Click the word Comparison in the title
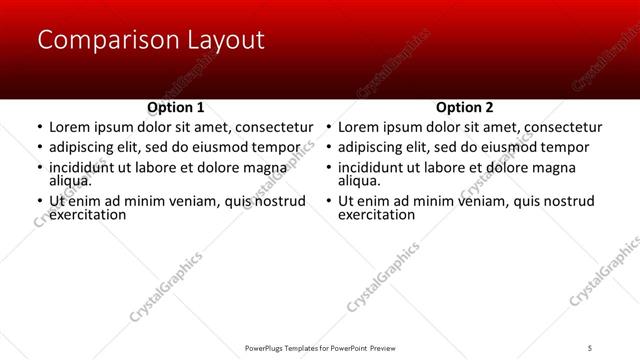click(102, 40)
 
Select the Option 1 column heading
click(175, 107)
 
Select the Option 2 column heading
click(464, 107)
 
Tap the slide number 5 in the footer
click(591, 347)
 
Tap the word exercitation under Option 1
click(88, 215)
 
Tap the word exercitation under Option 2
click(377, 215)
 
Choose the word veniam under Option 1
click(204, 201)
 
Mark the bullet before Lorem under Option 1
click(39, 129)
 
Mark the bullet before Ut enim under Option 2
click(328, 202)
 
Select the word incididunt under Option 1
click(87, 167)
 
